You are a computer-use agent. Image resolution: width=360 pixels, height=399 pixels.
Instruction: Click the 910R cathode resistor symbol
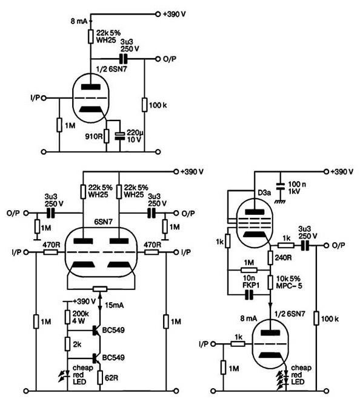(107, 136)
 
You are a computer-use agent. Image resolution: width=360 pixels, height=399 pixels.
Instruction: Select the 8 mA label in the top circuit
(79, 21)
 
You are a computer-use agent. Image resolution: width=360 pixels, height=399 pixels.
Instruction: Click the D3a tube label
(264, 193)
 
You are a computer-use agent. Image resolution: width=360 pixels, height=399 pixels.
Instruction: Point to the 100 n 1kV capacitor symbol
(281, 186)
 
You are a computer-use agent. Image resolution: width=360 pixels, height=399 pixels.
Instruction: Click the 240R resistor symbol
(270, 257)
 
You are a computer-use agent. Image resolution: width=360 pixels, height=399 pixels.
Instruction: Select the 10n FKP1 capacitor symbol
(249, 295)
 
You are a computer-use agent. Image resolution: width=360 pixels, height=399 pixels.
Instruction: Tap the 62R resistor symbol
(99, 377)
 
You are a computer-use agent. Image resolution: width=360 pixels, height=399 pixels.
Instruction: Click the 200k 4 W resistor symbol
(67, 317)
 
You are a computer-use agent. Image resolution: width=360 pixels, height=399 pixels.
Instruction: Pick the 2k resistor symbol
(67, 344)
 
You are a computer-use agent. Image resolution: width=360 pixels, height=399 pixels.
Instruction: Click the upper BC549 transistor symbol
(96, 331)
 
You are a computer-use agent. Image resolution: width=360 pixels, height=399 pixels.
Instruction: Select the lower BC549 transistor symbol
(96, 358)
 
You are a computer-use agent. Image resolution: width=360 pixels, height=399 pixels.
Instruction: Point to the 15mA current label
(114, 305)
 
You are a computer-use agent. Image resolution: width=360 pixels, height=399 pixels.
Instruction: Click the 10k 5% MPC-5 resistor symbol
(270, 282)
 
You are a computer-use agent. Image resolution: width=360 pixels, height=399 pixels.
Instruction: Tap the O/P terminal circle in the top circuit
(158, 59)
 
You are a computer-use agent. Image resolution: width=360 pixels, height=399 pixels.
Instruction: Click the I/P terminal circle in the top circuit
(44, 97)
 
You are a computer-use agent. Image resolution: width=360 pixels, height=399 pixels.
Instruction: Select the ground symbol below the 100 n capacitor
(280, 201)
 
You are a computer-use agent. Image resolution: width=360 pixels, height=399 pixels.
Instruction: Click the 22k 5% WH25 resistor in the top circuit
(90, 36)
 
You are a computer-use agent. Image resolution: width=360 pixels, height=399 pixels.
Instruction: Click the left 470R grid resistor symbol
(50, 252)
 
